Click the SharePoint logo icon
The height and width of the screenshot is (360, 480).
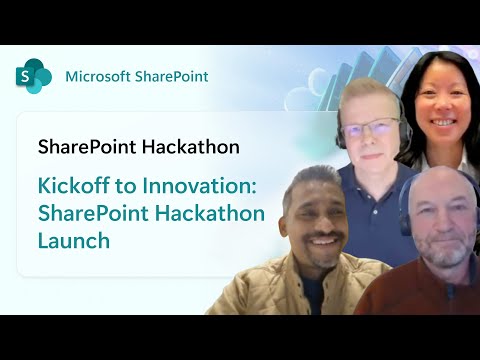34,76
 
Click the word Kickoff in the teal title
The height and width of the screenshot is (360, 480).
69,186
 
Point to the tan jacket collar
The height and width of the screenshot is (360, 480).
275,270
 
